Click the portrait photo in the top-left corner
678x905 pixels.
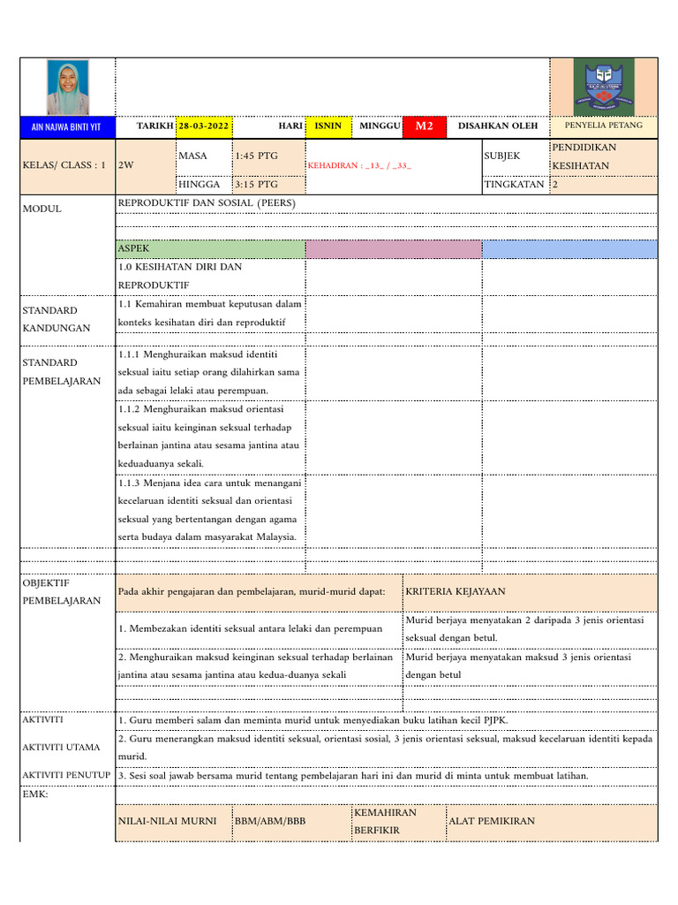pos(68,87)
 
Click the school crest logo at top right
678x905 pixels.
pos(604,87)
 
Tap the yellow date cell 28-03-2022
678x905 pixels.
pos(203,126)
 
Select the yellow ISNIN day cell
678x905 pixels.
pos(328,126)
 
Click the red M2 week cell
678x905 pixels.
pos(425,126)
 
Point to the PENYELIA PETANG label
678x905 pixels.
pos(604,126)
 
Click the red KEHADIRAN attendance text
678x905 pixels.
pos(359,165)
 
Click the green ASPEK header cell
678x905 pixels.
pos(210,249)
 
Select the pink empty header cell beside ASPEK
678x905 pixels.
pos(393,249)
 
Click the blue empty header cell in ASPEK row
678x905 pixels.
pos(569,249)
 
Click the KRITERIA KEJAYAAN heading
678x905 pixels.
pos(456,591)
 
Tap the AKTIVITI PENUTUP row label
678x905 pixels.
pos(66,775)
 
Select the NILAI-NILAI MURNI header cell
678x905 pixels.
pos(168,821)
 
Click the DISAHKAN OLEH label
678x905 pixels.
pos(498,126)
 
